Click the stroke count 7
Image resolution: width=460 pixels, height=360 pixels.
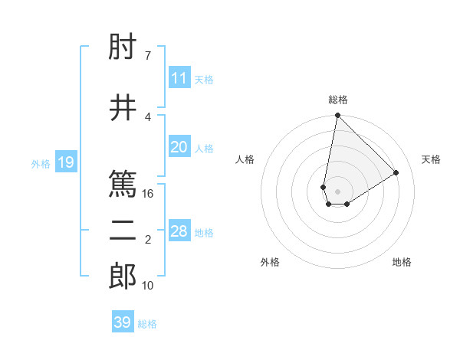tap(147, 55)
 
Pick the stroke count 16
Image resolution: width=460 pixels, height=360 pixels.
tap(149, 193)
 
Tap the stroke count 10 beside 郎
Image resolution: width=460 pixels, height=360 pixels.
tap(148, 286)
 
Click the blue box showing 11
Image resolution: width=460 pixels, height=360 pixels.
tap(179, 78)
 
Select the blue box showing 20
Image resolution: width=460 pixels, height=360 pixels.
tap(179, 147)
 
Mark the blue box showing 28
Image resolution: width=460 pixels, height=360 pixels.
tap(179, 231)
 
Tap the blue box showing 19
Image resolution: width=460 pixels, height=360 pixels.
tap(65, 162)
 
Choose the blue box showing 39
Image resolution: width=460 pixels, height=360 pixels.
tap(123, 322)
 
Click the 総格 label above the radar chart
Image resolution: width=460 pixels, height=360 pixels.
tap(337, 100)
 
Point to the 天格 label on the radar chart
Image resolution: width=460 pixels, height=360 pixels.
tap(431, 159)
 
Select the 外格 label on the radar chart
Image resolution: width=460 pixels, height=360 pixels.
tap(270, 262)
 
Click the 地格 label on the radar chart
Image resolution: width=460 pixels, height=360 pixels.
tap(402, 262)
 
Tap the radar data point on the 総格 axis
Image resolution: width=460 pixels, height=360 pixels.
tap(337, 116)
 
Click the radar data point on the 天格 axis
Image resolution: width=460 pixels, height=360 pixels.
tap(396, 172)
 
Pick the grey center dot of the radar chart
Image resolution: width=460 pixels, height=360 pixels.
tap(337, 190)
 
